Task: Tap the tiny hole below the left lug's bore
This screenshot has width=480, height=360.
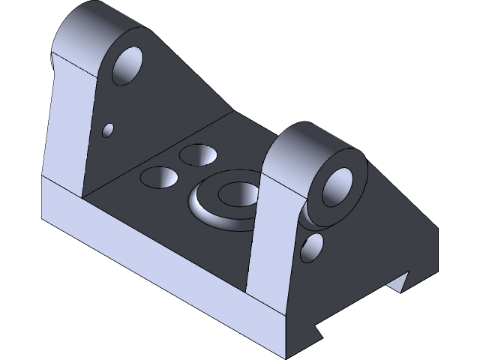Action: [x=108, y=130]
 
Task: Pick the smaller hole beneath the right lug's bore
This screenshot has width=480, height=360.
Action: [x=313, y=247]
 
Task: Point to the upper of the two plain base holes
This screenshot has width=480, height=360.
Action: [x=197, y=155]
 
